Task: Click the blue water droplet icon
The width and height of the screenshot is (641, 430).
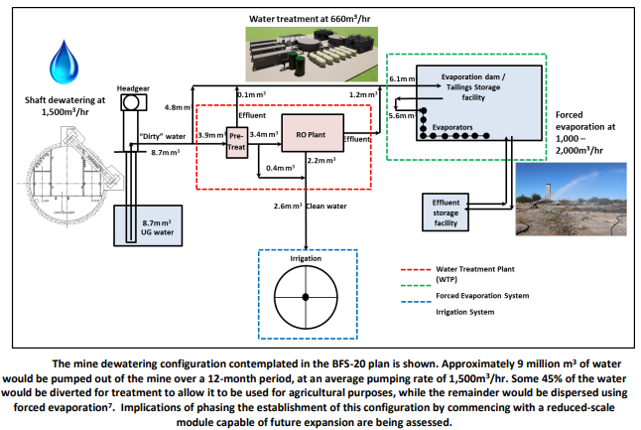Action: coord(64,63)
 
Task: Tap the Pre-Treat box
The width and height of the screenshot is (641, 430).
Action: coord(237,142)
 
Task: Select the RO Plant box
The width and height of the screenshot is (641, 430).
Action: coord(313,133)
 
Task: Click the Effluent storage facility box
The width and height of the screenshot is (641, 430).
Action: coord(446,213)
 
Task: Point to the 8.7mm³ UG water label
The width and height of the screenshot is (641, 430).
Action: coord(158,227)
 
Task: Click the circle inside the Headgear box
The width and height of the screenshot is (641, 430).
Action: coord(131,102)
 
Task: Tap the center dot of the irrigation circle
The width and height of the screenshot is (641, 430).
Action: coord(306,297)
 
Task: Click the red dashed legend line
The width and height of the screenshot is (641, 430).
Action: coord(416,270)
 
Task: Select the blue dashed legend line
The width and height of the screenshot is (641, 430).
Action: coord(416,302)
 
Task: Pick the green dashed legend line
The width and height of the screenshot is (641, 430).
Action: coord(416,286)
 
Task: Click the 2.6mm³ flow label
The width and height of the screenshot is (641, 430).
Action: coord(288,206)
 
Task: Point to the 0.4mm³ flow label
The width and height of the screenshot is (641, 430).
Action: coord(281,168)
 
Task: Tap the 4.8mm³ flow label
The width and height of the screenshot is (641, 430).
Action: coord(178,107)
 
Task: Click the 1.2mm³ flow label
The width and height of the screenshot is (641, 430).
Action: coord(363,94)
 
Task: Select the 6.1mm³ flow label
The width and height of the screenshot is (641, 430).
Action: coord(402,79)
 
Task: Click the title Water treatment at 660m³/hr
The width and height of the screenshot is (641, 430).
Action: coord(310,19)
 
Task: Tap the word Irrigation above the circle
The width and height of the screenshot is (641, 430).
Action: coord(306,258)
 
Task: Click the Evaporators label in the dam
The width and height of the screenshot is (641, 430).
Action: coord(452,128)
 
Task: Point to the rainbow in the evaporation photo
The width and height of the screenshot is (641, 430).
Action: coord(577,183)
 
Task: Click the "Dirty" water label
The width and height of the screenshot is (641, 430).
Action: coord(163,136)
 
